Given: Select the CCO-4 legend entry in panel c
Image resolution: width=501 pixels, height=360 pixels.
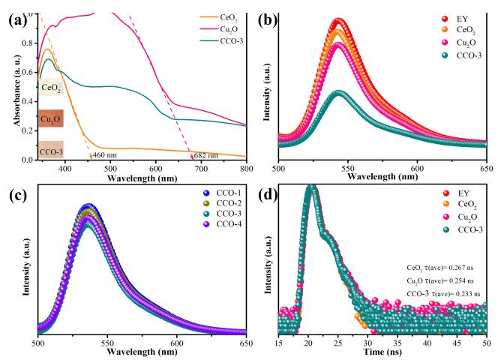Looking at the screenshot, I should point(216,226).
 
